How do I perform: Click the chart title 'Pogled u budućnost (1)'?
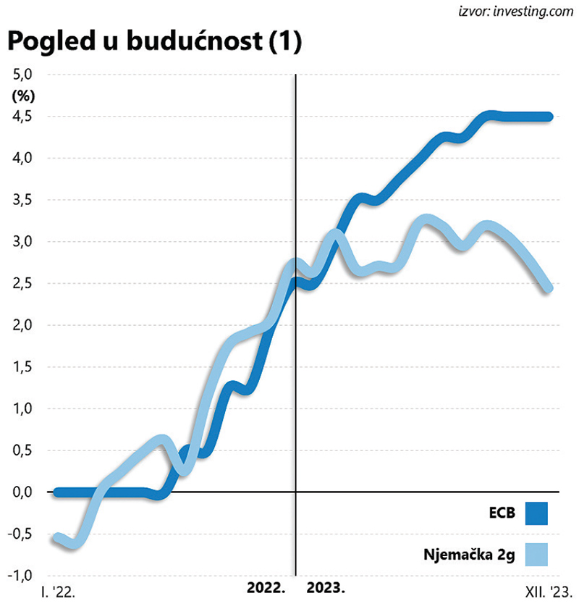153,42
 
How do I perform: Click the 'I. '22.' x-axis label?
59,592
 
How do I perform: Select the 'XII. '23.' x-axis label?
548,592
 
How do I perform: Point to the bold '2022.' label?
268,587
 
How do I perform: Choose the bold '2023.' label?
326,587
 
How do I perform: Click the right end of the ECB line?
549,117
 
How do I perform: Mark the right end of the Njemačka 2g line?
548,288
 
